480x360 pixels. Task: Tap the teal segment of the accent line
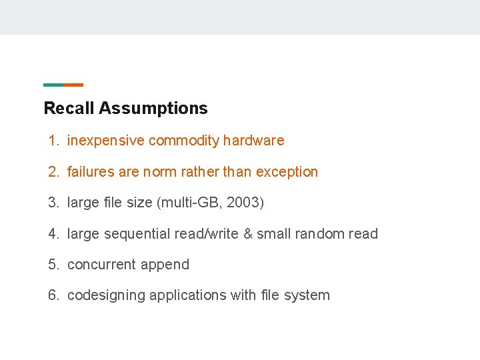pyautogui.click(x=53, y=85)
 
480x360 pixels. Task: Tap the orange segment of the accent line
pyautogui.click(x=73, y=85)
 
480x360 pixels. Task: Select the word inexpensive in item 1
pyautogui.click(x=106, y=141)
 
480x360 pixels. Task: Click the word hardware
pyautogui.click(x=254, y=141)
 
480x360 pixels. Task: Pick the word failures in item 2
pyautogui.click(x=91, y=172)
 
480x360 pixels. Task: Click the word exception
pyautogui.click(x=287, y=172)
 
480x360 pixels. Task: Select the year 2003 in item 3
pyautogui.click(x=243, y=203)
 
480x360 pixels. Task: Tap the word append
pyautogui.click(x=163, y=265)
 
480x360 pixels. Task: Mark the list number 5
pyautogui.click(x=53, y=265)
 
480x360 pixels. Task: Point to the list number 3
pyautogui.click(x=53, y=203)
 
